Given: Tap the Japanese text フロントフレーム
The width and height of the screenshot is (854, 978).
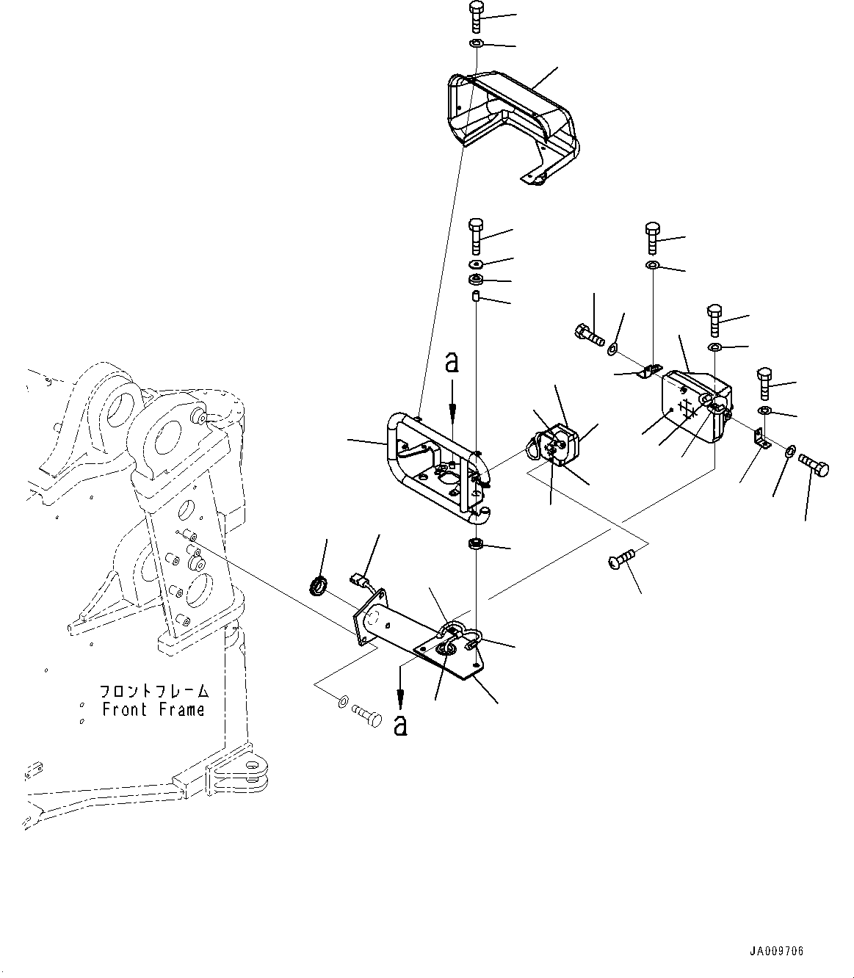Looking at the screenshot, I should pos(154,691).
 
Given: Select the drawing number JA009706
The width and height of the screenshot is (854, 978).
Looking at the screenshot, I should pos(777,951).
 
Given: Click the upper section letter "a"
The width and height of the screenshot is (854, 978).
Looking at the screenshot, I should pos(452,363).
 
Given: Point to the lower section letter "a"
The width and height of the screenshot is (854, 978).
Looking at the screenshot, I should pos(400,725).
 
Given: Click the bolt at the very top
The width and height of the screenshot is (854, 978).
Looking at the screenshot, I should pos(474,17).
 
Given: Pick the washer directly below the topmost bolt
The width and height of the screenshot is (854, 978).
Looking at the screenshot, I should pos(475,45).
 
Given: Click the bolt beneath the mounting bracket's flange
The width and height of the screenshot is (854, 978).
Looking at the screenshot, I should pos(366,713).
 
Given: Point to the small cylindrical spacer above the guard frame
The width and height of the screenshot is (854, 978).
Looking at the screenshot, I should pos(475,297).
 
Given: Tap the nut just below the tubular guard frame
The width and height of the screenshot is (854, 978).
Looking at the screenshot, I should pos(475,545).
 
